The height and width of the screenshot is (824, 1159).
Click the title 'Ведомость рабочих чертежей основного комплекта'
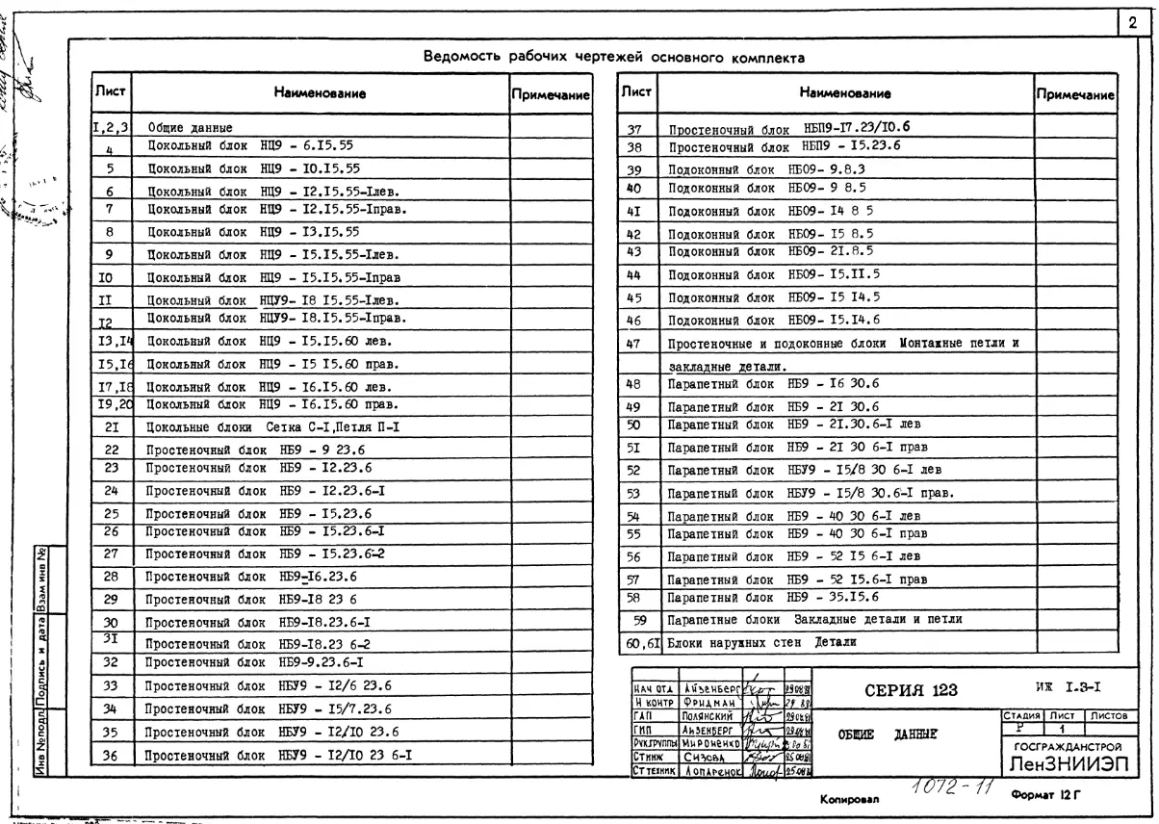tap(615, 59)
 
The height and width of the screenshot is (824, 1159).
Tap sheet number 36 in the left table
tap(111, 756)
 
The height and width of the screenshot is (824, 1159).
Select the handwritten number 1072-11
tap(937, 787)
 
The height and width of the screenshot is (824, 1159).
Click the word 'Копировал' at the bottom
tap(847, 799)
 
